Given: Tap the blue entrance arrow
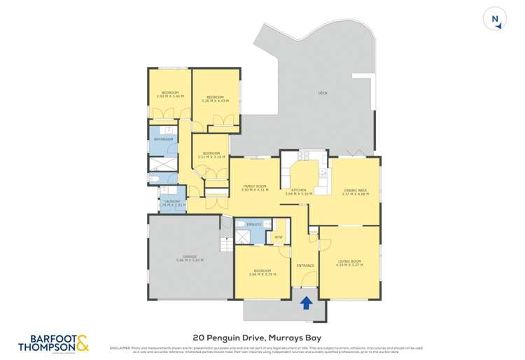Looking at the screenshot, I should [305, 303].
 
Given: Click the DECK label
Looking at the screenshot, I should [323, 92].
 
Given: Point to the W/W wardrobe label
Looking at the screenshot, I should [278, 237].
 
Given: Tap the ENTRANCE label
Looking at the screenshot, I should [305, 265].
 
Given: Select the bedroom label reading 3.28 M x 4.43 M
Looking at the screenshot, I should [215, 99].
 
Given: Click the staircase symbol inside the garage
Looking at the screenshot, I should [225, 245].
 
